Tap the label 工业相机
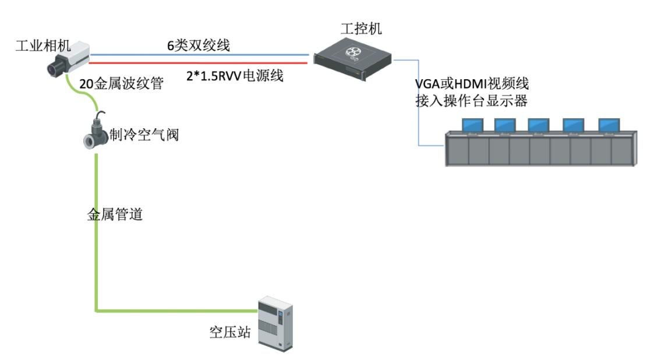point(38,45)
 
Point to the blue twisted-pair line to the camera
point(198,54)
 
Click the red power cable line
point(198,61)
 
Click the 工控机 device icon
point(352,57)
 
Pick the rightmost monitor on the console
point(608,125)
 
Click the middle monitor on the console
point(539,125)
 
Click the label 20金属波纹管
point(121,84)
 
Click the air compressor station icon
point(275,323)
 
